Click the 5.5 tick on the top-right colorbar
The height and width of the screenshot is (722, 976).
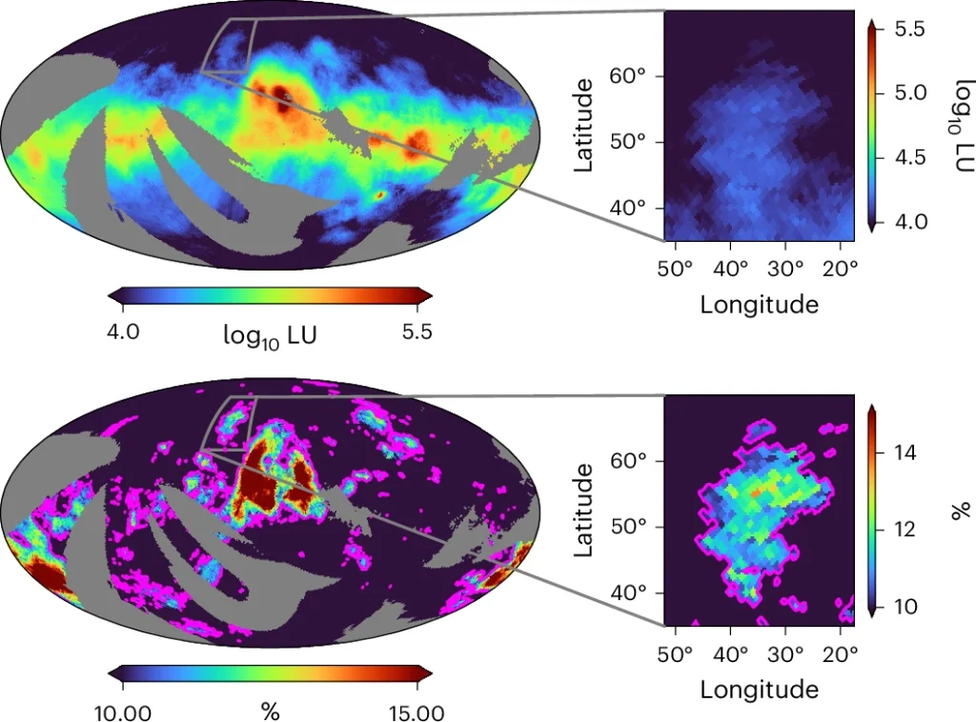click(911, 30)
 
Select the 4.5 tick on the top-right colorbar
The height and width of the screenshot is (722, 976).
click(911, 157)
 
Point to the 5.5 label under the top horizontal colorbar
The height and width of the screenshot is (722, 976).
click(416, 331)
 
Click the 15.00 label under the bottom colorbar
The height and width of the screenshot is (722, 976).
click(416, 712)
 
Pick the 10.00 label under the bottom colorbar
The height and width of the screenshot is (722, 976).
click(127, 712)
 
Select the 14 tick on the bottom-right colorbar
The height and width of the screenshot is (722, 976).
click(905, 452)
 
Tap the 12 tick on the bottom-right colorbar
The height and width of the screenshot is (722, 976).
click(905, 529)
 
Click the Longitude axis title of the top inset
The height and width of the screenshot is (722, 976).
click(759, 304)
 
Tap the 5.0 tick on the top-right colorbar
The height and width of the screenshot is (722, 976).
click(911, 93)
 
